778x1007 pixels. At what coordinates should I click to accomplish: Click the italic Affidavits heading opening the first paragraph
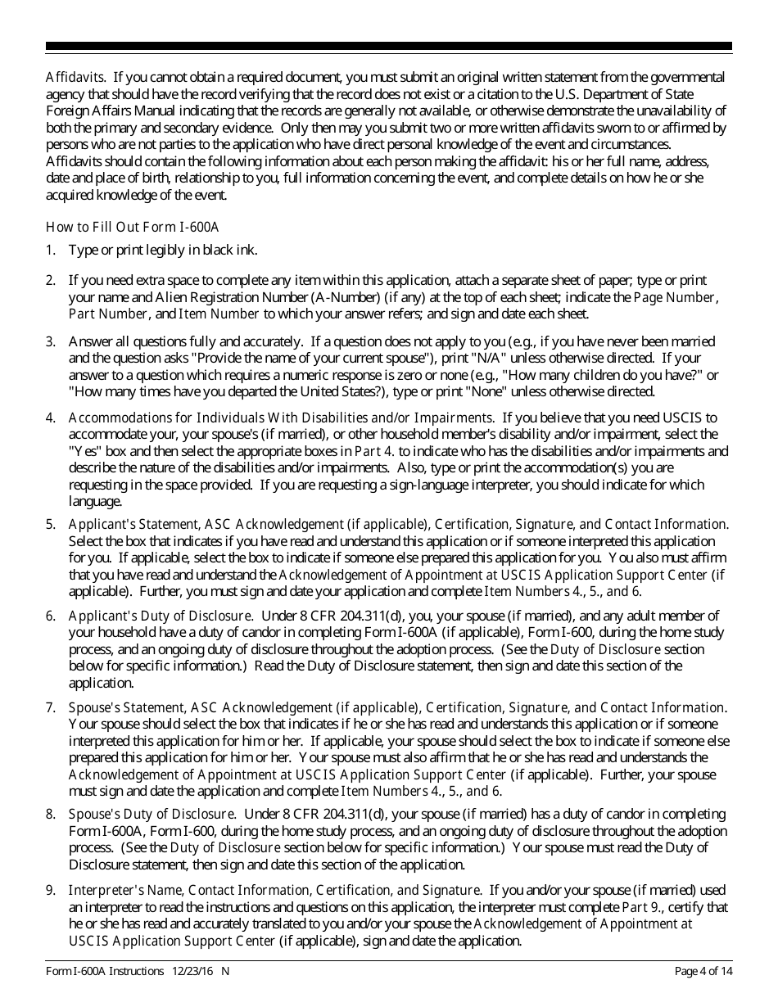(75, 78)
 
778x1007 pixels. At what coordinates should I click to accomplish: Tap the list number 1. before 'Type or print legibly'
(50, 250)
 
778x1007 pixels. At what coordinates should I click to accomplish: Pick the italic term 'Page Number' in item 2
(675, 297)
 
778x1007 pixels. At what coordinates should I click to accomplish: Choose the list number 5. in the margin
(50, 524)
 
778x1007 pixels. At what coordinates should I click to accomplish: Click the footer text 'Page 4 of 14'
(702, 971)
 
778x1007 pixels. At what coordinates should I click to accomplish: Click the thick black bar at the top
(389, 47)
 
